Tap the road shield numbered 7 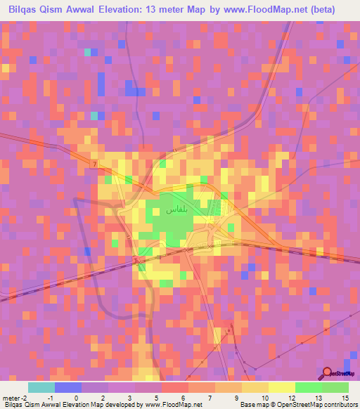(x=93, y=164)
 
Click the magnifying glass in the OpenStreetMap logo (x=327, y=373)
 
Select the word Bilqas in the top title (x=26, y=10)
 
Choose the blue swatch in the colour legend (x=68, y=387)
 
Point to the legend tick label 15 (x=345, y=398)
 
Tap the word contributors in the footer (x=338, y=405)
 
